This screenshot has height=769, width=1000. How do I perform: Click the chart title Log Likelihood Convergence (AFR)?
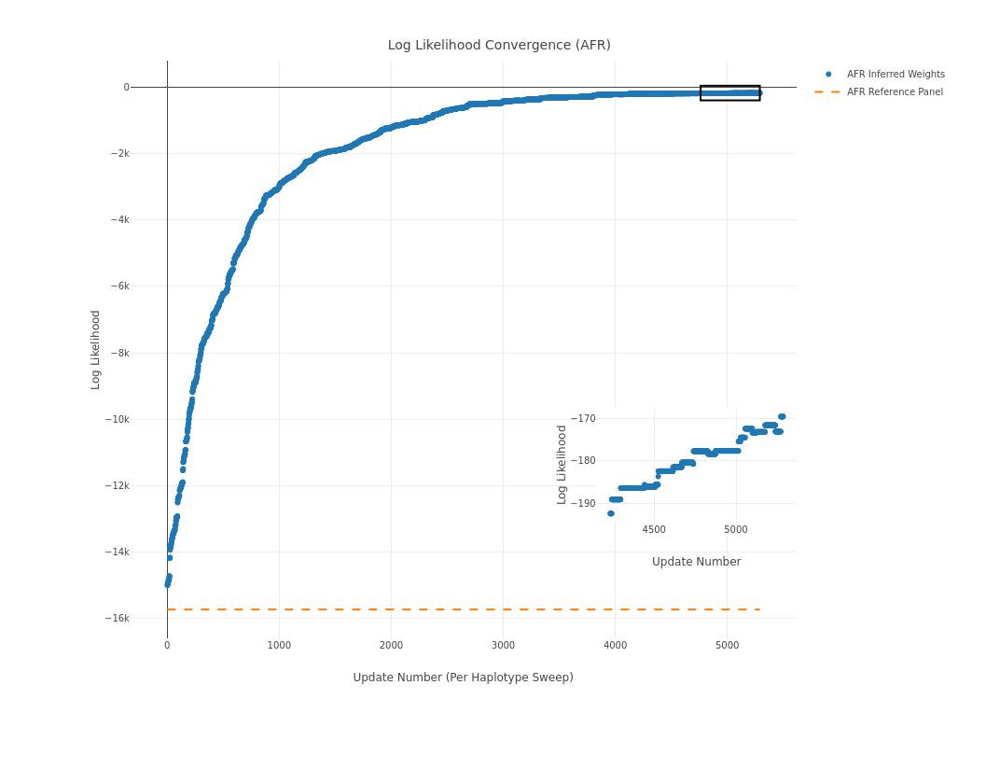(499, 45)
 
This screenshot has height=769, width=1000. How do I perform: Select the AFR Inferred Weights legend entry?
(895, 75)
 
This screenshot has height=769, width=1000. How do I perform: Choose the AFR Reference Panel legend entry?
(894, 92)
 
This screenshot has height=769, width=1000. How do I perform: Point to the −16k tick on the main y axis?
(118, 619)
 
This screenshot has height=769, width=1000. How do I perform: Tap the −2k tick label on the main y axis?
(119, 154)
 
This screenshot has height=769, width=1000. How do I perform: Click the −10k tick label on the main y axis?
(118, 420)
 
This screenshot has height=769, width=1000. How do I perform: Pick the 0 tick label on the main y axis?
(126, 88)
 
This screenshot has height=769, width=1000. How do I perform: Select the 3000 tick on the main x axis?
(503, 646)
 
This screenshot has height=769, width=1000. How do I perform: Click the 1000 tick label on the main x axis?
(279, 646)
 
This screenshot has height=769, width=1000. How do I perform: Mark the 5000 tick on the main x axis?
(727, 646)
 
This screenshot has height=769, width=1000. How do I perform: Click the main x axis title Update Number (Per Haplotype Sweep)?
(463, 678)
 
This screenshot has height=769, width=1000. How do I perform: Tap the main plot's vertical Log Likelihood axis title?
(95, 350)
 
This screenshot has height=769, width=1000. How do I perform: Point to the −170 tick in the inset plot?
(583, 419)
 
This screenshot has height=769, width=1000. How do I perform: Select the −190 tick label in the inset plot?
(583, 504)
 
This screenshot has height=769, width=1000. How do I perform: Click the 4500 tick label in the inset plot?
(654, 530)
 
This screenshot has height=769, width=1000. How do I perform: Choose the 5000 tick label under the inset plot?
(735, 530)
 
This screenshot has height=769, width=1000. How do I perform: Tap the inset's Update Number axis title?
(696, 562)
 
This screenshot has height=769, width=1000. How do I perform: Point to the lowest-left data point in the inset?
(611, 513)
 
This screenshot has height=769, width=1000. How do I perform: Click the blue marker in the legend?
(827, 75)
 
